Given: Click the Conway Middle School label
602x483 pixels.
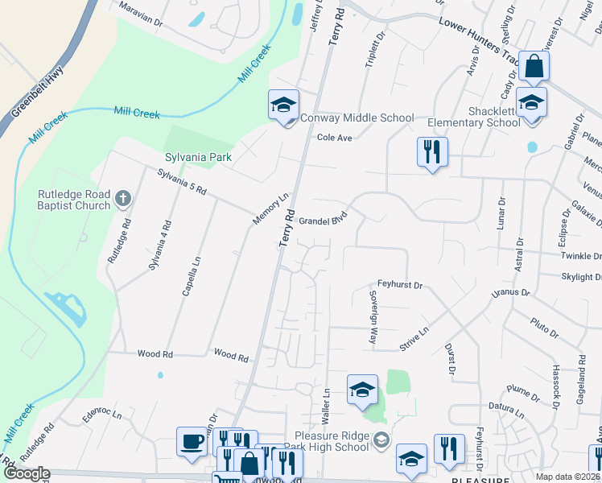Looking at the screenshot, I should click(x=357, y=118).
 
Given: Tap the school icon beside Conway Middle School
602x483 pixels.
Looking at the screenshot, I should click(x=283, y=105).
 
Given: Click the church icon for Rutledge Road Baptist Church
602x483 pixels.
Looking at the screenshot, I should click(x=122, y=197).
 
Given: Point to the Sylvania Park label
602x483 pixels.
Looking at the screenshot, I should click(x=199, y=157).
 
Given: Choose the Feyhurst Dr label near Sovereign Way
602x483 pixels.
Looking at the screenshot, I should click(x=400, y=285).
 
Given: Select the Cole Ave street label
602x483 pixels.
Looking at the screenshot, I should click(x=335, y=138).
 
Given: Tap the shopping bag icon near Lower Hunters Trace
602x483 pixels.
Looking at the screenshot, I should click(x=534, y=67).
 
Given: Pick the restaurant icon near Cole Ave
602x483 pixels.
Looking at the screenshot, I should click(x=432, y=151).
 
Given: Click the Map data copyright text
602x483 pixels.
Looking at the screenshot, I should click(x=568, y=477).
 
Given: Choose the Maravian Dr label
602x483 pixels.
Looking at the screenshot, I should click(x=140, y=14).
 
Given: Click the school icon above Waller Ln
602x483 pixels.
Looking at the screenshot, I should click(x=362, y=390).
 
